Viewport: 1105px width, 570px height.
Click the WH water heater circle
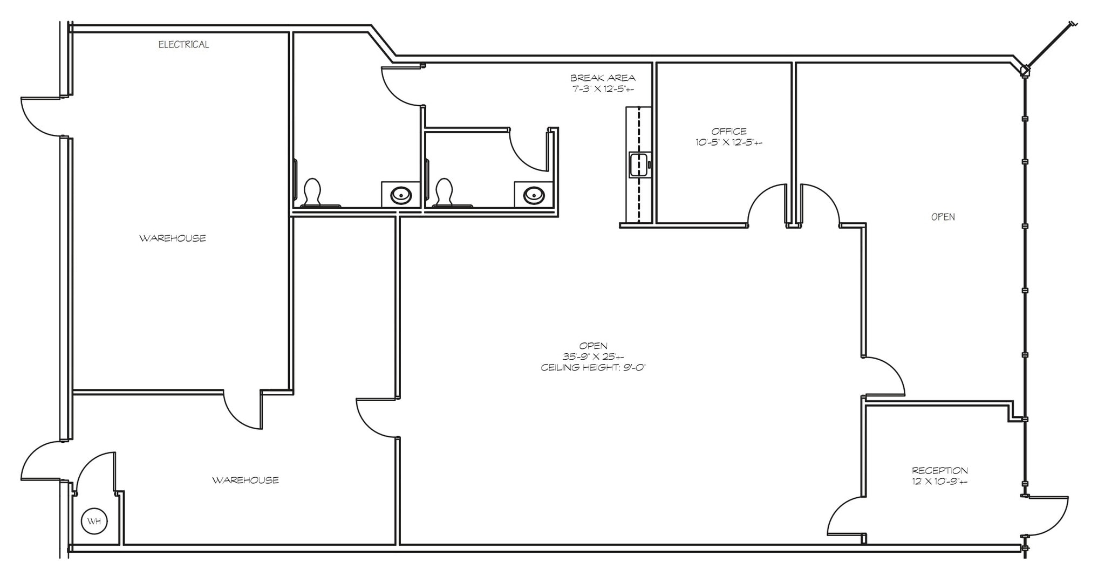click(x=94, y=521)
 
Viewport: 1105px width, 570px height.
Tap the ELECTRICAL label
click(x=183, y=45)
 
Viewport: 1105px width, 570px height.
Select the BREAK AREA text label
click(x=603, y=78)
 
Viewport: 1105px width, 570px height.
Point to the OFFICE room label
click(x=728, y=131)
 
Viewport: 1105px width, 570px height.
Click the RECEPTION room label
click(x=939, y=470)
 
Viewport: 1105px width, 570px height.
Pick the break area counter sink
click(x=638, y=164)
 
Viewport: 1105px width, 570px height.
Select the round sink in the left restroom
click(x=401, y=195)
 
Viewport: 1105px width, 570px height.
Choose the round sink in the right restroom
click(x=534, y=195)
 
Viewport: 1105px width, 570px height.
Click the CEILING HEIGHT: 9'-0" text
click(x=593, y=368)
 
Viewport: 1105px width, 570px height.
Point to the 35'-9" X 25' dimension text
click(x=593, y=357)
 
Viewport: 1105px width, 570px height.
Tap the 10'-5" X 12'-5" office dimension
click(x=728, y=143)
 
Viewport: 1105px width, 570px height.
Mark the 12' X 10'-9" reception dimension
click(x=939, y=482)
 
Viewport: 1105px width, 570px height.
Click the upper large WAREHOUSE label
click(x=173, y=238)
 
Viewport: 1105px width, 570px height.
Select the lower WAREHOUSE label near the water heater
click(x=245, y=480)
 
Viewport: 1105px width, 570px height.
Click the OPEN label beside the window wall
click(x=943, y=217)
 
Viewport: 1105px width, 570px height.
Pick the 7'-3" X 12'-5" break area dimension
click(x=603, y=89)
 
